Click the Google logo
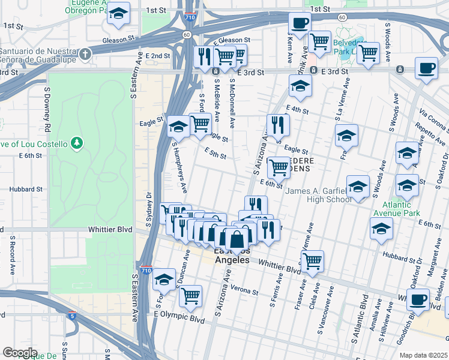[x=19, y=353]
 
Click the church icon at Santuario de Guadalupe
[x=85, y=54]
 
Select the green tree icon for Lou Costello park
[x=76, y=143]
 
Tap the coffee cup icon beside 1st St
[x=299, y=23]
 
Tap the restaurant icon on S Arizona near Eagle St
[x=277, y=124]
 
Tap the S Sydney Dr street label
[x=149, y=209]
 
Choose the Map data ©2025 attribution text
[x=423, y=355]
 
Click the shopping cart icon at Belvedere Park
[x=367, y=52]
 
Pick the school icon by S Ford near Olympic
[x=164, y=279]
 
